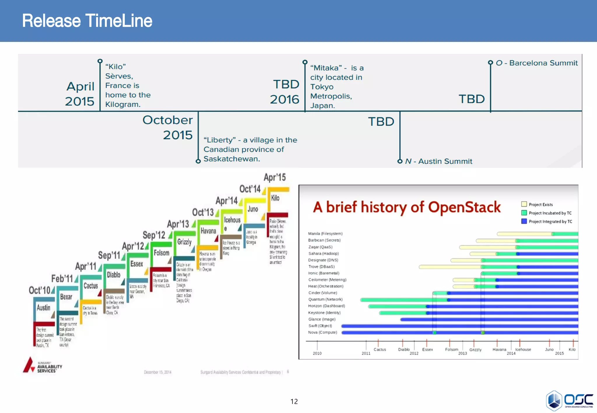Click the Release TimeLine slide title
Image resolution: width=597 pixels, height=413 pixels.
(x=87, y=21)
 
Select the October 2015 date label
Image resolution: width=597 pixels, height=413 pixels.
(x=168, y=127)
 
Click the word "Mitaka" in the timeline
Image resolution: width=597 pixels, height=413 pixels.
(x=326, y=68)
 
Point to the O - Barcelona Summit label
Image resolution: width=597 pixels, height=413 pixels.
(x=536, y=63)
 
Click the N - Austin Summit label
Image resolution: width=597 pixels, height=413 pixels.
(x=438, y=161)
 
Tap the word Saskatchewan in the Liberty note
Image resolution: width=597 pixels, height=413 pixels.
(x=231, y=159)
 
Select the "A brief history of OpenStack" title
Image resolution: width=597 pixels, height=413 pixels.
(x=407, y=207)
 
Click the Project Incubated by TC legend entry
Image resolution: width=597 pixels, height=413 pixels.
(x=549, y=213)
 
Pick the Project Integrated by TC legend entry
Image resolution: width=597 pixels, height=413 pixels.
(x=550, y=221)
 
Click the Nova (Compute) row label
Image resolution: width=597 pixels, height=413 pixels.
(x=322, y=332)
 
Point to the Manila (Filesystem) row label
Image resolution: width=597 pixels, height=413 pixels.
(x=325, y=234)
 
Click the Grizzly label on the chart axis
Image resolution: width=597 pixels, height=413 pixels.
(x=475, y=350)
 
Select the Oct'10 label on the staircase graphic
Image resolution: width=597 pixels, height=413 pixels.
(x=40, y=290)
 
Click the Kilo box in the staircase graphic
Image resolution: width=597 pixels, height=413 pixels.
(x=275, y=198)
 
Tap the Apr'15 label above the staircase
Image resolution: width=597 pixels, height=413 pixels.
(x=275, y=177)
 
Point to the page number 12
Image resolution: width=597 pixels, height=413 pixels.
(x=294, y=401)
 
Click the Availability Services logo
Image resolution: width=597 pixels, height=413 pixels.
(x=43, y=366)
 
